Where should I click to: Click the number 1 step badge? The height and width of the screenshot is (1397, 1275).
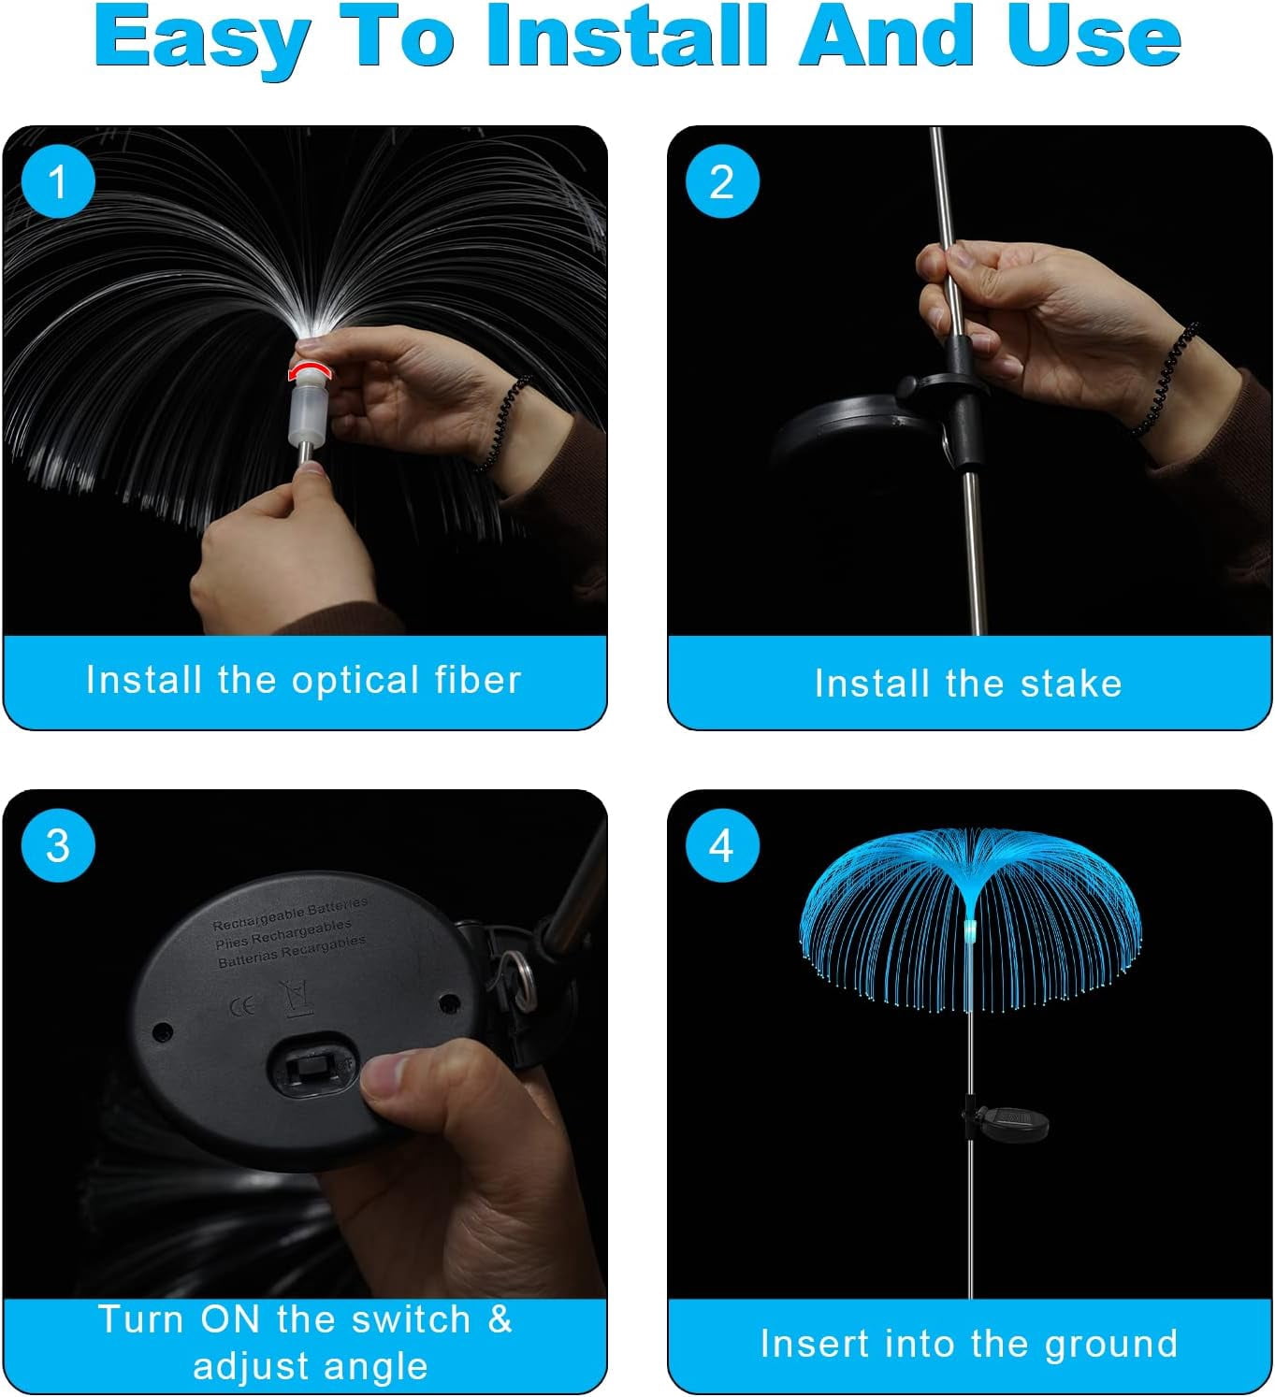(58, 181)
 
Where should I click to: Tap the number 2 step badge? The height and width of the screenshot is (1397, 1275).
(722, 181)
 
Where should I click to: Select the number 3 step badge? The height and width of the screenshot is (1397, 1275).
(58, 845)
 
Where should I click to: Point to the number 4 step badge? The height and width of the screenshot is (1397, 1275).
(722, 845)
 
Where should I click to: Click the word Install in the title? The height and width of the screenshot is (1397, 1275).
(626, 36)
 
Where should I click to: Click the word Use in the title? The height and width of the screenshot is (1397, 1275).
(1093, 36)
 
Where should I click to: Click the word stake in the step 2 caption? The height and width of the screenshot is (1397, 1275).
(1072, 684)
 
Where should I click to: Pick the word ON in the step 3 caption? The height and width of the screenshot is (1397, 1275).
(229, 1319)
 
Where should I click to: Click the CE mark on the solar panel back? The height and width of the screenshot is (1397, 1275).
(241, 1006)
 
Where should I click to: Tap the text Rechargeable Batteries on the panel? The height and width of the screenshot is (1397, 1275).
(291, 913)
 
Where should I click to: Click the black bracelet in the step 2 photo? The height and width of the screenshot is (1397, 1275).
(1165, 379)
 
